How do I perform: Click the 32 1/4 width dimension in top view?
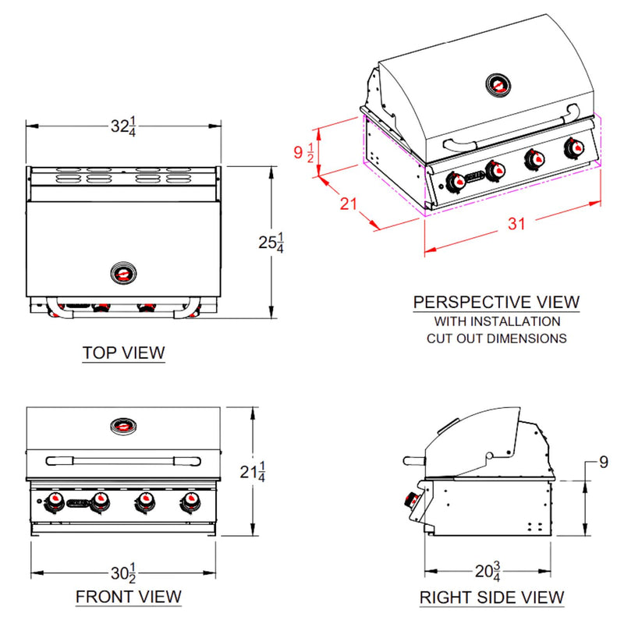[x=124, y=126]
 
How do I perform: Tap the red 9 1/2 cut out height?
[x=304, y=152]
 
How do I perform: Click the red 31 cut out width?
[x=516, y=224]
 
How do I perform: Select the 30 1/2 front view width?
[x=123, y=573]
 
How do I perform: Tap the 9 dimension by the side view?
[x=603, y=463]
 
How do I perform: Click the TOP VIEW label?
[x=124, y=353]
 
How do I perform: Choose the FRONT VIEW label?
[x=129, y=597]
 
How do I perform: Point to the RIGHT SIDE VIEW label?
[x=491, y=597]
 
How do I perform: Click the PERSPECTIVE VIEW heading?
[x=496, y=301]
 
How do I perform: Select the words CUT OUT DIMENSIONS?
[x=496, y=339]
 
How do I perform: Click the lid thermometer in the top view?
[x=123, y=274]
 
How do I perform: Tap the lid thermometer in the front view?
[x=123, y=426]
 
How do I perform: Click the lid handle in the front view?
[x=123, y=459]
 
